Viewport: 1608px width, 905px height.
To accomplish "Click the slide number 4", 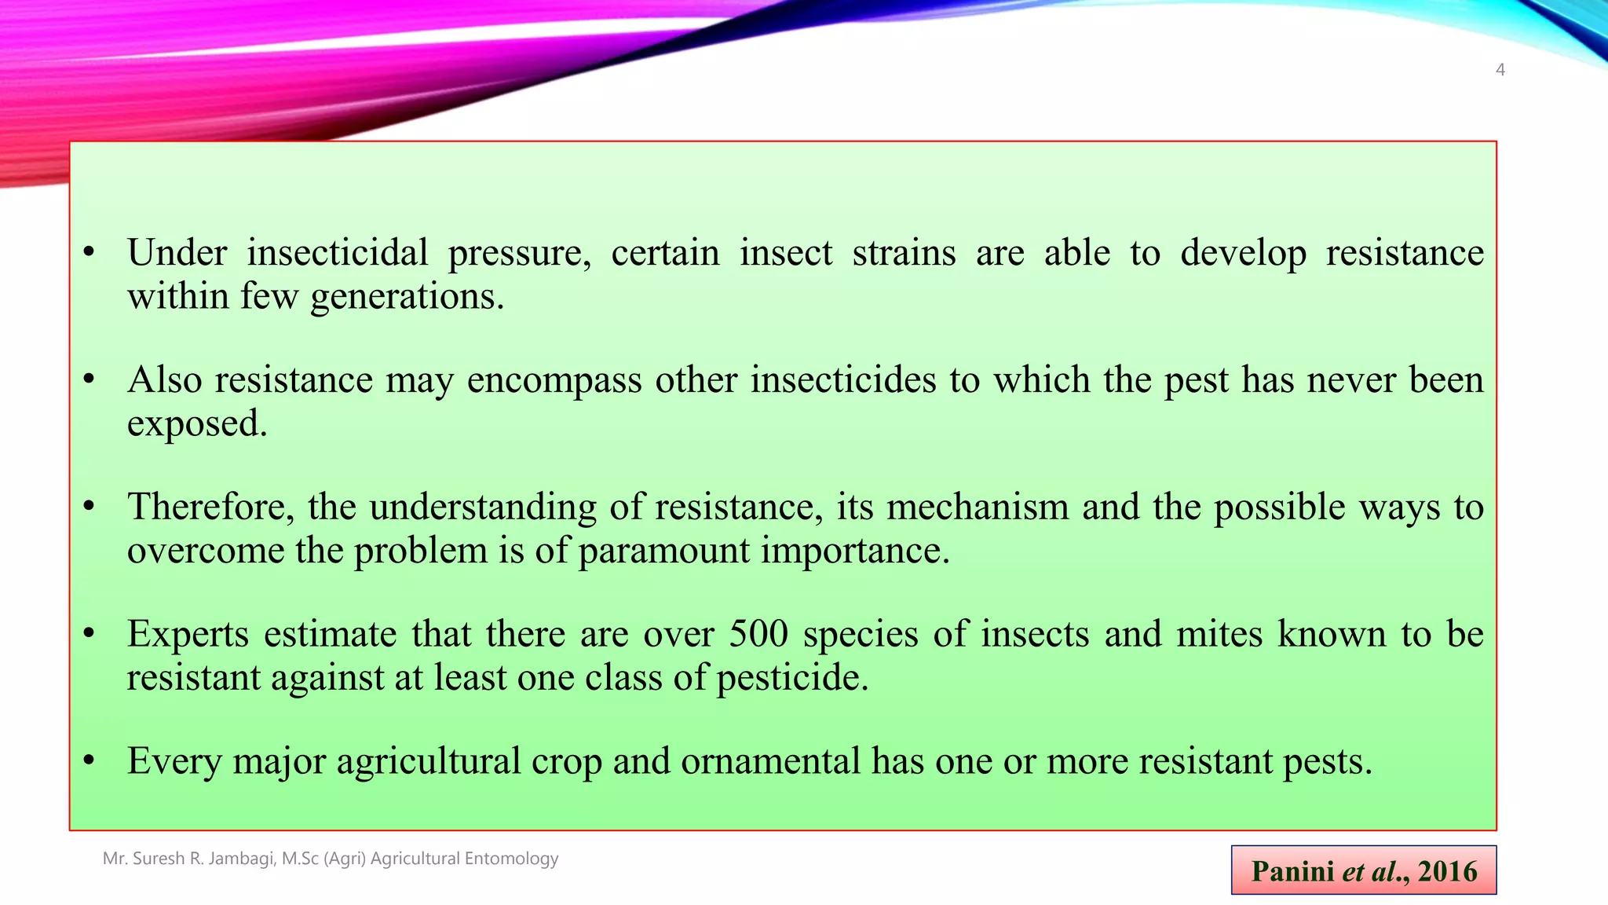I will coord(1500,70).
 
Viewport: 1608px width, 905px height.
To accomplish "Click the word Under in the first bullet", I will coord(177,253).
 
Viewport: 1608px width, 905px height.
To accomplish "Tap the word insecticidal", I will coord(338,253).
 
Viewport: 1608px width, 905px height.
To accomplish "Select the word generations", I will coord(407,297).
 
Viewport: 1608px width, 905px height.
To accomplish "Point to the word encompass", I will coord(554,380).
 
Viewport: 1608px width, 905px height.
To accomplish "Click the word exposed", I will coord(197,424).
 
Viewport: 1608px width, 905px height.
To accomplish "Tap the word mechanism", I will coord(978,507).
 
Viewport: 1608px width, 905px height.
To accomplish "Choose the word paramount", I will coord(663,550).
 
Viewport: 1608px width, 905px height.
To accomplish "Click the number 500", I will coord(758,634).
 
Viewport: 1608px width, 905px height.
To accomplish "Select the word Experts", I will coord(188,634).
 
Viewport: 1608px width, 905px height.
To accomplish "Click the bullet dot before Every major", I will coord(89,760).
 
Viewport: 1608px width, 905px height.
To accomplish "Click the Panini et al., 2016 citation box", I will coord(1363,870).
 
